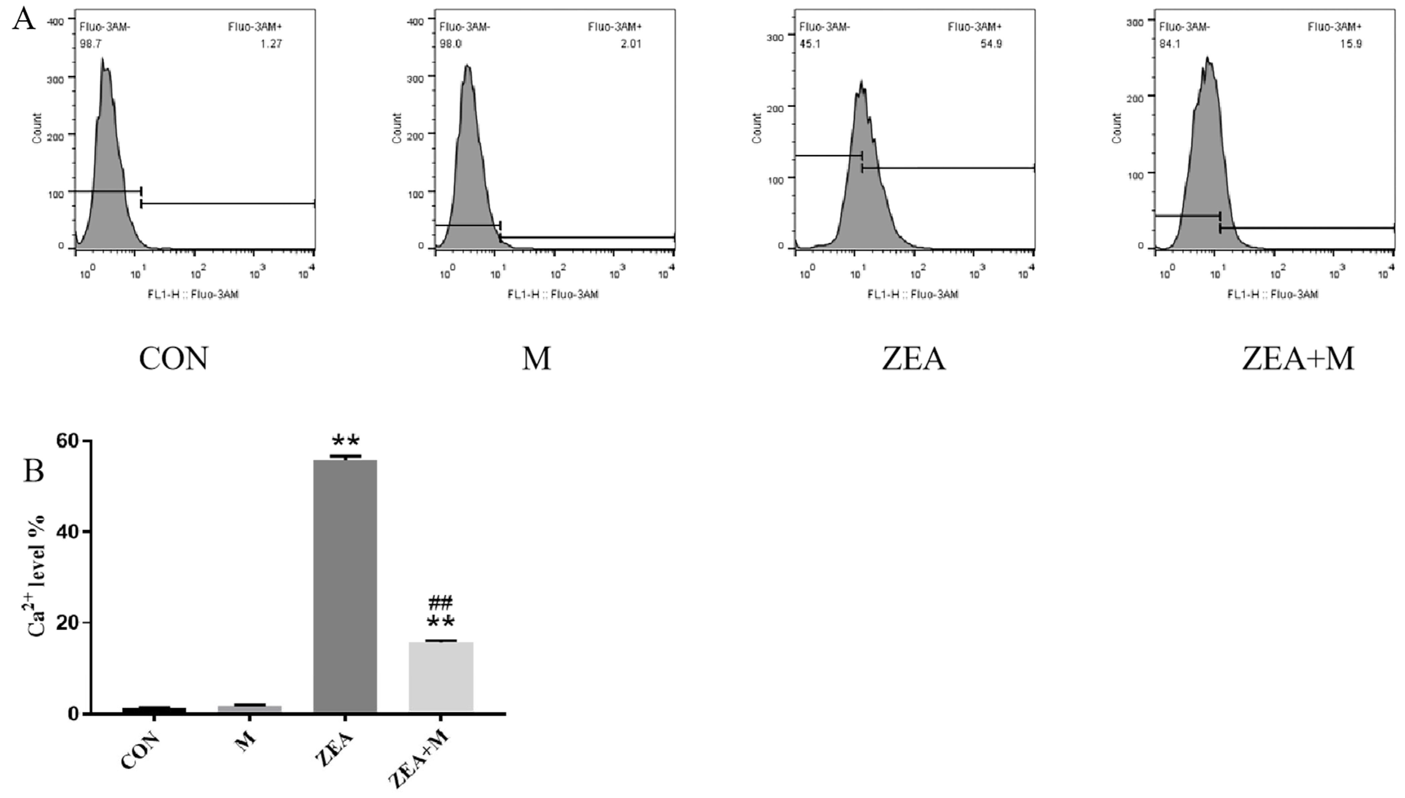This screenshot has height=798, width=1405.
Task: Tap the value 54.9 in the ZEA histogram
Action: [991, 44]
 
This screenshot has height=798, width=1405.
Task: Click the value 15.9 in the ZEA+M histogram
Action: [1351, 44]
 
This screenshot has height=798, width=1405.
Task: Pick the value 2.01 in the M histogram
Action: [631, 44]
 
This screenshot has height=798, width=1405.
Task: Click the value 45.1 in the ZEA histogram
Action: [810, 44]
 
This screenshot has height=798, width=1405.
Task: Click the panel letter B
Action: [33, 470]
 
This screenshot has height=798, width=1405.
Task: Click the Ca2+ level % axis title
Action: [36, 576]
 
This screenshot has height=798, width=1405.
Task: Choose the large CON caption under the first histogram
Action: [174, 359]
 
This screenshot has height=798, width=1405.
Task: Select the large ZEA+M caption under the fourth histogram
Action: [1298, 359]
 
